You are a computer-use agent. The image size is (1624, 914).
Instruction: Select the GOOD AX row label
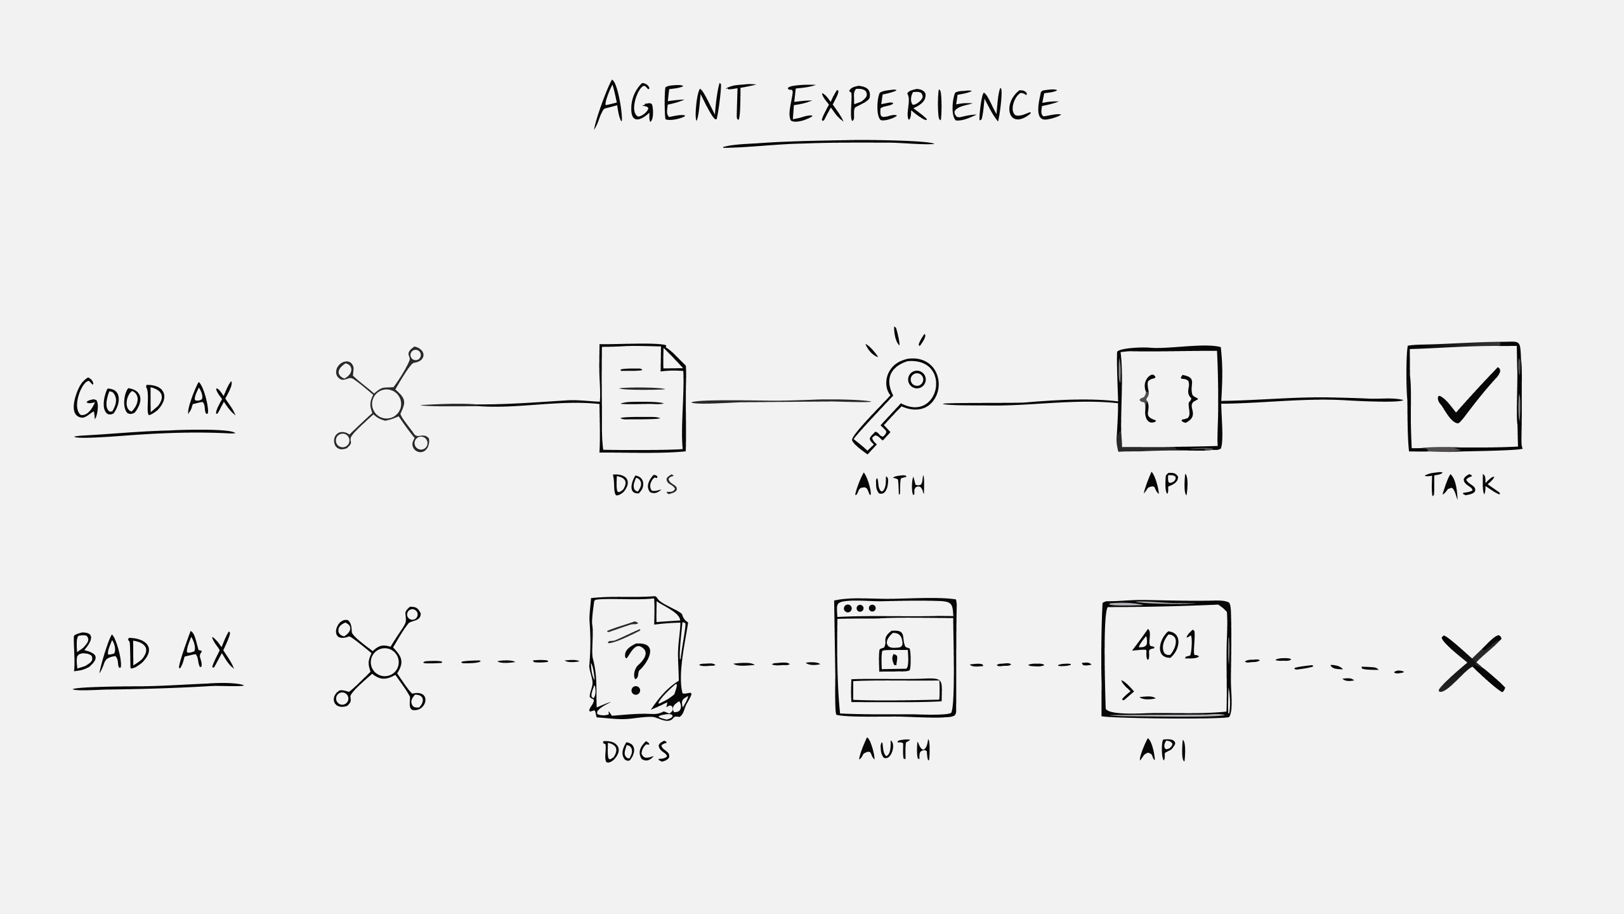pyautogui.click(x=154, y=399)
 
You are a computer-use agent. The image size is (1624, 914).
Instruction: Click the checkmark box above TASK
pyautogui.click(x=1464, y=397)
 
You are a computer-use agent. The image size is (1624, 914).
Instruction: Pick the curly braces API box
pyautogui.click(x=1169, y=399)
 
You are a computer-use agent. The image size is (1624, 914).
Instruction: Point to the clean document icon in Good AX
pyautogui.click(x=643, y=398)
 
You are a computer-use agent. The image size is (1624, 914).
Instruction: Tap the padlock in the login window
pyautogui.click(x=894, y=651)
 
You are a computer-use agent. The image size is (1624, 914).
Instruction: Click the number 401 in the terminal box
pyautogui.click(x=1166, y=644)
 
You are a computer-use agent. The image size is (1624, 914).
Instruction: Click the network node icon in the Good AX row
pyautogui.click(x=382, y=400)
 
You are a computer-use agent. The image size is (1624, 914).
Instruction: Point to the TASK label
pyautogui.click(x=1462, y=485)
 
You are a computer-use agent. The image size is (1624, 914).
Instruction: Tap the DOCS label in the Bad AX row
pyautogui.click(x=636, y=752)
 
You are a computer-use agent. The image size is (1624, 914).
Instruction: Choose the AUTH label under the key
pyautogui.click(x=890, y=486)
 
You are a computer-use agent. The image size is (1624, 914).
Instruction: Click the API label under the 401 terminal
pyautogui.click(x=1163, y=750)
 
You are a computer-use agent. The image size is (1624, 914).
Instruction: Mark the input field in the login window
pyautogui.click(x=896, y=691)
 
